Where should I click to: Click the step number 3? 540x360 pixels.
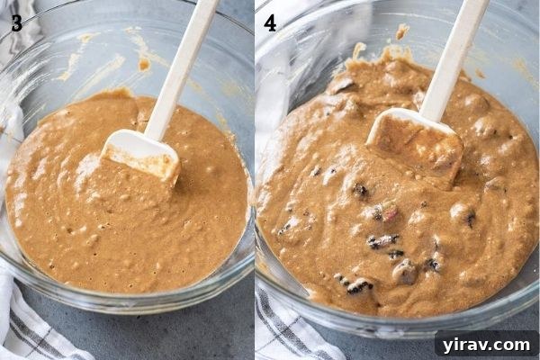[16, 23]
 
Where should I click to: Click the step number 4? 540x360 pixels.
[271, 23]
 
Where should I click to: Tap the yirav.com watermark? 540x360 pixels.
[486, 343]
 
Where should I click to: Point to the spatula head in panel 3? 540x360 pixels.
[141, 156]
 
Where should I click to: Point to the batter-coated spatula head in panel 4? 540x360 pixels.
[415, 144]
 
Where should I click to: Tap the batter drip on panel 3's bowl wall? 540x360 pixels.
[144, 64]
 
